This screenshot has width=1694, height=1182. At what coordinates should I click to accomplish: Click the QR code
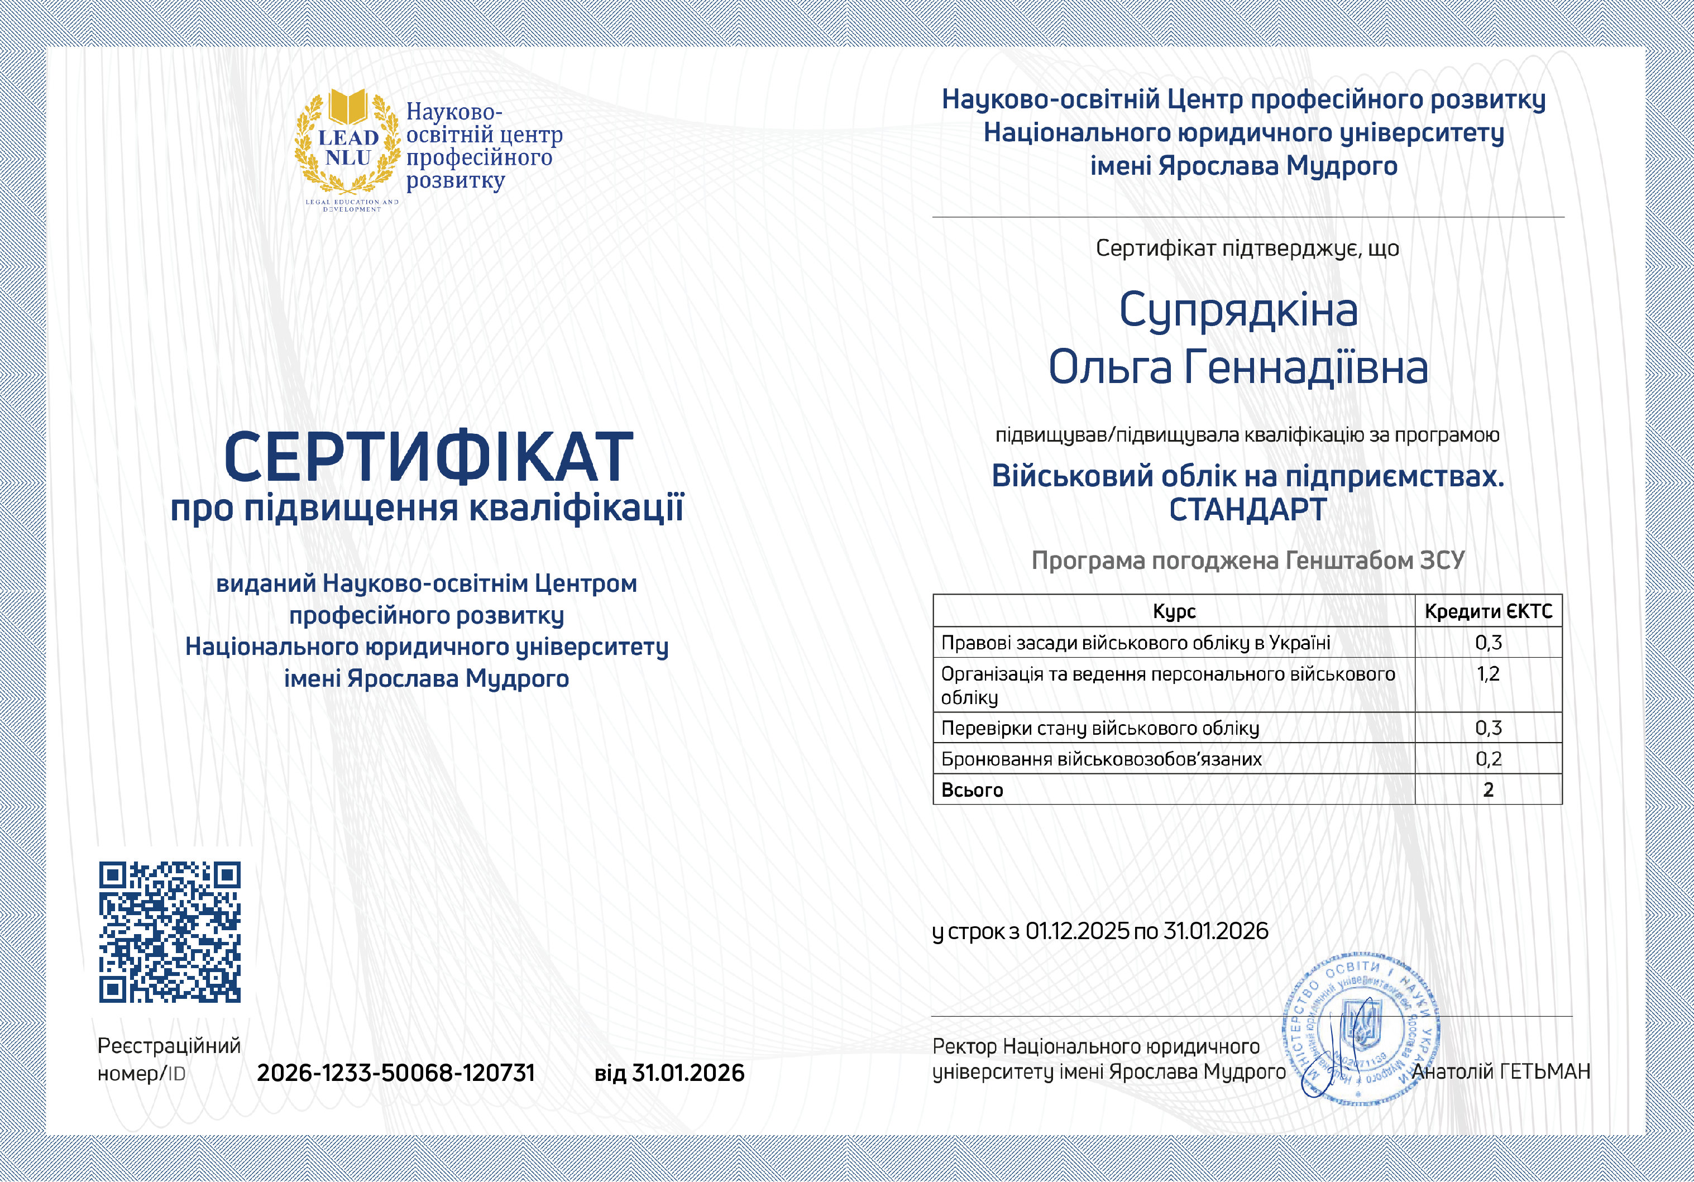pyautogui.click(x=170, y=932)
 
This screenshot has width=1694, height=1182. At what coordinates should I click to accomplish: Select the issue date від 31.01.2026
pyautogui.click(x=669, y=1072)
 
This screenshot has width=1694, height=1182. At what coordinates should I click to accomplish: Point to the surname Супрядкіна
pyautogui.click(x=1238, y=310)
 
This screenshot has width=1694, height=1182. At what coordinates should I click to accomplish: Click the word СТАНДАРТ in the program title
pyautogui.click(x=1248, y=510)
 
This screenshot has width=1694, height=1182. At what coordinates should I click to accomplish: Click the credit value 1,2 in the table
pyautogui.click(x=1488, y=674)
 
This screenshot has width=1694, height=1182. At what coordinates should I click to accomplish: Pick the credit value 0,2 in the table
pyautogui.click(x=1488, y=758)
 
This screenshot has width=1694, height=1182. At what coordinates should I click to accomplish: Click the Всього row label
pyautogui.click(x=973, y=790)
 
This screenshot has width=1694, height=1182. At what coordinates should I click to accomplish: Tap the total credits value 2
pyautogui.click(x=1488, y=790)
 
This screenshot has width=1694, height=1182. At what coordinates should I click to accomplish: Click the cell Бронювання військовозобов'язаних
pyautogui.click(x=1101, y=758)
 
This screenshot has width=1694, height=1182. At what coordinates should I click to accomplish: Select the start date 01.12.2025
pyautogui.click(x=1077, y=931)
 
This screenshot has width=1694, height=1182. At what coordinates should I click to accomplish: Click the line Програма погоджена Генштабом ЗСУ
pyautogui.click(x=1248, y=561)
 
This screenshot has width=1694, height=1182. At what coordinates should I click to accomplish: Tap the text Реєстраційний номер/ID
pyautogui.click(x=169, y=1059)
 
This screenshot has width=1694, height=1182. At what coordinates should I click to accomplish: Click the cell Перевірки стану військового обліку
pyautogui.click(x=1099, y=728)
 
